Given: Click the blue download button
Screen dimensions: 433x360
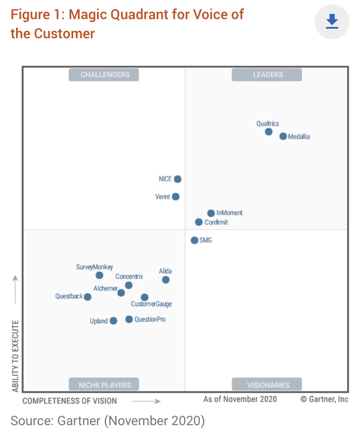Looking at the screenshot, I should (332, 21).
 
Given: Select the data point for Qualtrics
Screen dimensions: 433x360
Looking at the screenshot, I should (269, 132).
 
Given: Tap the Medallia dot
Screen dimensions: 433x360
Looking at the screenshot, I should (283, 137).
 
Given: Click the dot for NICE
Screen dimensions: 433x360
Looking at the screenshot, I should (177, 179).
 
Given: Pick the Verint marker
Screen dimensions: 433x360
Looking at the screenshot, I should (176, 197).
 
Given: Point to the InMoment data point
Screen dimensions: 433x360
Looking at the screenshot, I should (211, 213).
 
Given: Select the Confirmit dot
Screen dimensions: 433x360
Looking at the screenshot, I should (199, 222).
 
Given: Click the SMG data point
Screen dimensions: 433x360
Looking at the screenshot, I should (194, 240).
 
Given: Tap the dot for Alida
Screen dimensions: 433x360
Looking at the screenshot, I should (166, 280).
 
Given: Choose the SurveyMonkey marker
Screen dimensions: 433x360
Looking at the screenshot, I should (100, 275).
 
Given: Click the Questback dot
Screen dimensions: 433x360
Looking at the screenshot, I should (87, 297).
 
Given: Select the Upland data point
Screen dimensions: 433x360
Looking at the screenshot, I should (113, 321).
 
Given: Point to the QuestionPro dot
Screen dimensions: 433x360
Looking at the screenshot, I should (129, 320).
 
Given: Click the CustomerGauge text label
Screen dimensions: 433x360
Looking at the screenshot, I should (151, 304).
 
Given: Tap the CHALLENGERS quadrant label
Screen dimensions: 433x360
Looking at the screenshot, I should (104, 75).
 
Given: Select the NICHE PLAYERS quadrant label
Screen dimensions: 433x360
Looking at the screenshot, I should (104, 385).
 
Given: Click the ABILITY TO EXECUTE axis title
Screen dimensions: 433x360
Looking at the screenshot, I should (16, 356).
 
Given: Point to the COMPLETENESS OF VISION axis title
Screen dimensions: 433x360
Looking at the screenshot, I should (70, 401).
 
